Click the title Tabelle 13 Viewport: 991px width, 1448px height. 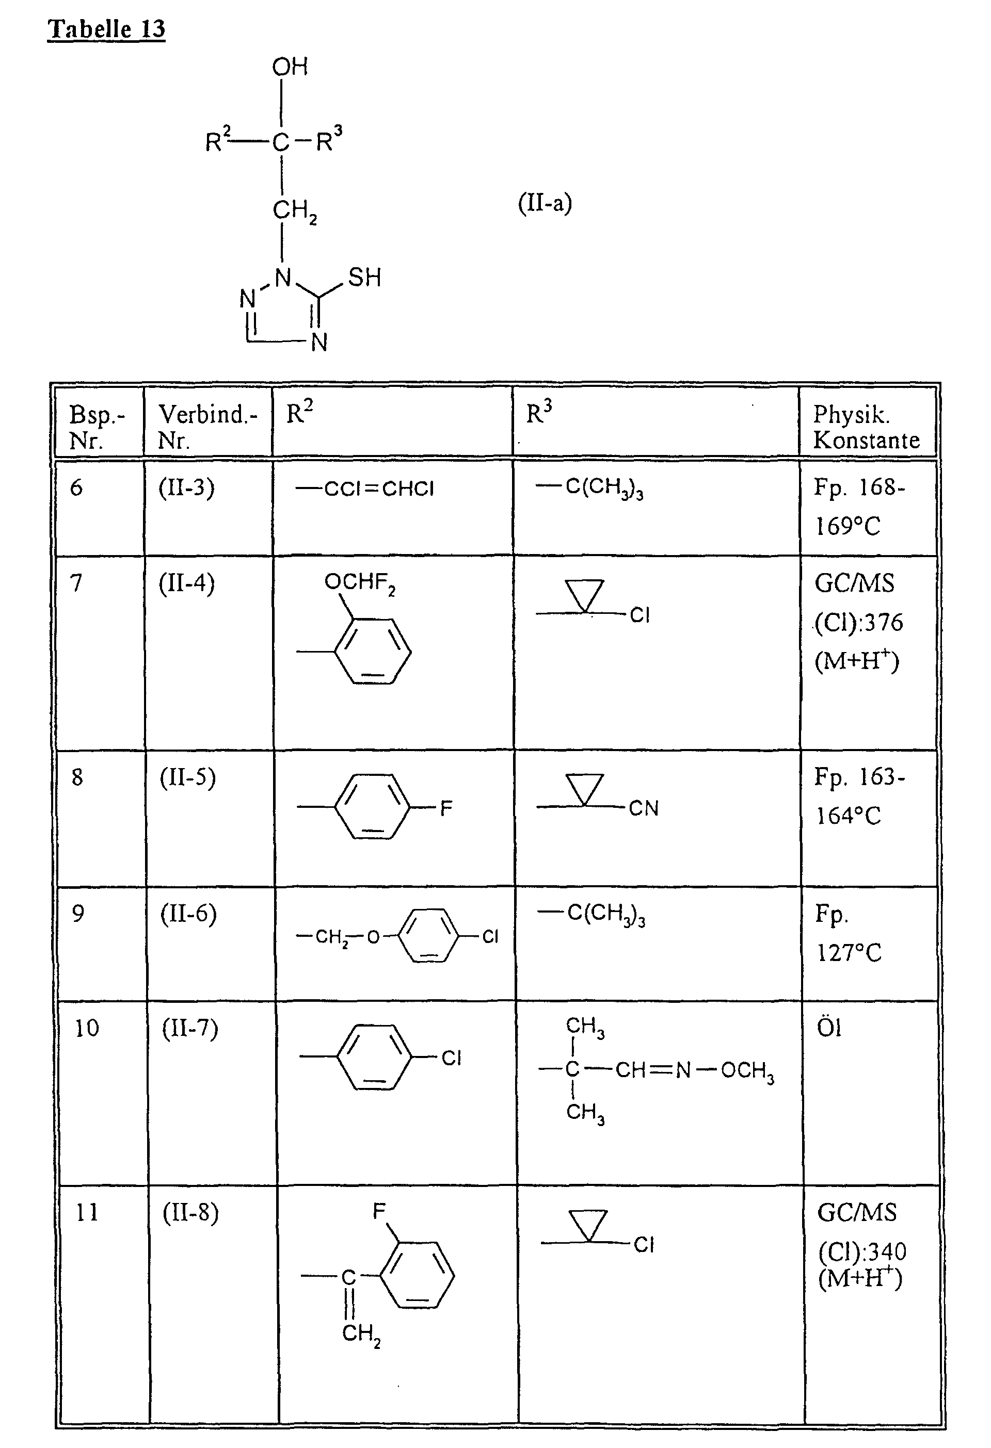[106, 29]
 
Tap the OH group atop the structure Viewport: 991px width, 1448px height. [290, 67]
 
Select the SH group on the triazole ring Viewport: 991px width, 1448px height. [364, 277]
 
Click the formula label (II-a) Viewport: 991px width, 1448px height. [545, 203]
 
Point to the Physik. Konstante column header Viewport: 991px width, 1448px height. [866, 427]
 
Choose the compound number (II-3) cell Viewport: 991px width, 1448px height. [186, 488]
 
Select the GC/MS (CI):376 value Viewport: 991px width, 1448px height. [858, 622]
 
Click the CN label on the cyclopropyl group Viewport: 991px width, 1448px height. [643, 808]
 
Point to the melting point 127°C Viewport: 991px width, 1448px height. [849, 953]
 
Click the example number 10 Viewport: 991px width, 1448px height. [87, 1028]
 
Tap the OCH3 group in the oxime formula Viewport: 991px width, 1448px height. [747, 1071]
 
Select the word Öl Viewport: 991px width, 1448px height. [829, 1028]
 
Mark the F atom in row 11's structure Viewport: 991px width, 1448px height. [379, 1211]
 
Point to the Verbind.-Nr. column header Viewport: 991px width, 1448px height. [207, 427]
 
